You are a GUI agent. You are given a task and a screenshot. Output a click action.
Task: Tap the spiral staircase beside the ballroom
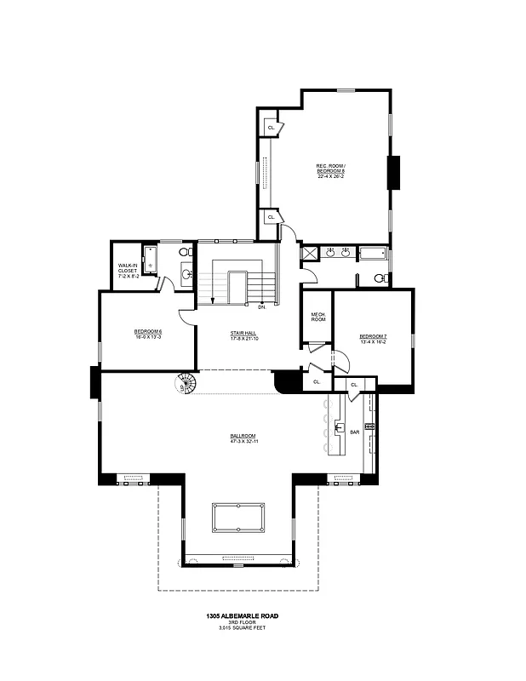point(185,384)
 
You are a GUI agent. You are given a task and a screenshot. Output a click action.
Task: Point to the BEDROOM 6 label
point(147,331)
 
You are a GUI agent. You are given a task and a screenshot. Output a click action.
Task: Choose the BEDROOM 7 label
point(373,335)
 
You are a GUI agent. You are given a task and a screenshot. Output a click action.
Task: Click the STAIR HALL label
point(243,334)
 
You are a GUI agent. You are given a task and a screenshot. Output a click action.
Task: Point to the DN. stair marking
point(261,306)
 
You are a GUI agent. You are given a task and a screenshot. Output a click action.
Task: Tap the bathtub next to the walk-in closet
point(151,259)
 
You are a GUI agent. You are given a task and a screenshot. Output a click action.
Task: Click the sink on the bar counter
point(339,429)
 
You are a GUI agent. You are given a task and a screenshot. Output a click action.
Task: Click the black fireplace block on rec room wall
point(394,173)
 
